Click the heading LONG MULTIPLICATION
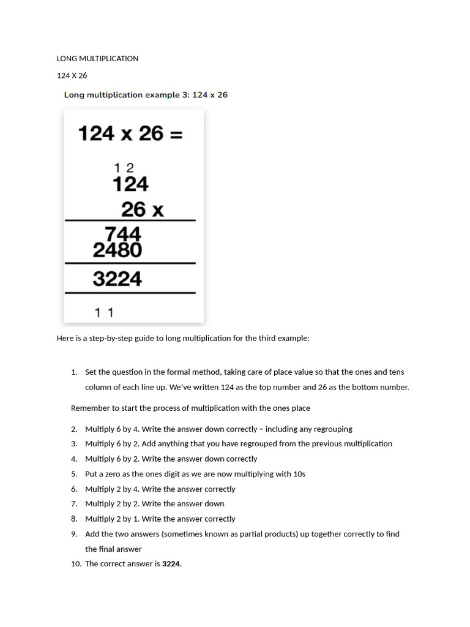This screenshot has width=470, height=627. pos(97,59)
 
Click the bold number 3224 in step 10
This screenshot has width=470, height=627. pos(171,564)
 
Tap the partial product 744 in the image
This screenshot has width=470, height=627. pos(123,234)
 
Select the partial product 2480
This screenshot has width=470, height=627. pos(117,250)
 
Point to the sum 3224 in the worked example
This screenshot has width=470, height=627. pos(117,279)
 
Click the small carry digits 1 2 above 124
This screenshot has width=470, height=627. pos(124,167)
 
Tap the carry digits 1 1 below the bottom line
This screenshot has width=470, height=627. pos(104,313)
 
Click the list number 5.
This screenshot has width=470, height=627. pos(74,474)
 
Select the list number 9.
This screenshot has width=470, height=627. pos(74,534)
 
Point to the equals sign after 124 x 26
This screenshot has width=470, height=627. pos(176,133)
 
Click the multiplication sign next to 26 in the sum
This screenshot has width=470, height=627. pos(157,211)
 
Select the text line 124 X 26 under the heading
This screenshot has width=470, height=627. pos(72,76)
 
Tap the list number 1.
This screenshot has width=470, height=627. pos(74,372)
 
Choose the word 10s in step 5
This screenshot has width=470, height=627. pos(299,474)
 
